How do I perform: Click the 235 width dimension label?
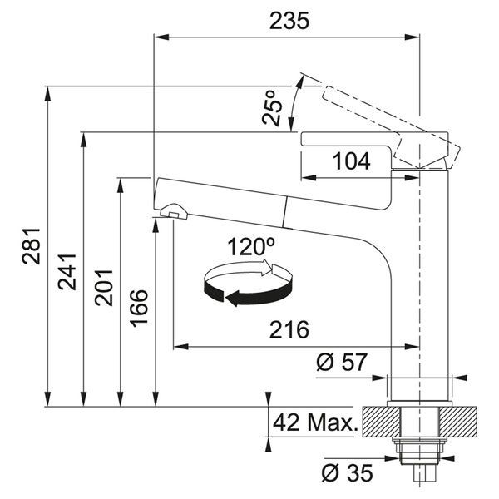click(x=289, y=21)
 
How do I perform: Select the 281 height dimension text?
click(x=32, y=246)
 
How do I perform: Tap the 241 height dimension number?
click(x=67, y=272)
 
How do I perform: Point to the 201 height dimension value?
click(x=103, y=288)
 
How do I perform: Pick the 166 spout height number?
click(x=139, y=308)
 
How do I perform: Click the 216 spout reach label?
click(x=289, y=329)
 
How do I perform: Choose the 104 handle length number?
click(x=351, y=161)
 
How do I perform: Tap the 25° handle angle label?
click(x=272, y=108)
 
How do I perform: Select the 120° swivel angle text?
click(x=251, y=247)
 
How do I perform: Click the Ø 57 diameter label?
click(x=342, y=362)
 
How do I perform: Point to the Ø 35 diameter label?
click(x=347, y=473)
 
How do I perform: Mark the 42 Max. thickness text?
click(x=315, y=422)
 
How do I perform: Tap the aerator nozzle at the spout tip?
click(x=174, y=211)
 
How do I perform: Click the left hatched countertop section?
click(x=381, y=422)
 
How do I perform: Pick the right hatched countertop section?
click(x=458, y=422)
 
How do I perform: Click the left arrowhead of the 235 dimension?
click(x=161, y=37)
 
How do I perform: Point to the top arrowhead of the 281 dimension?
click(x=47, y=93)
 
